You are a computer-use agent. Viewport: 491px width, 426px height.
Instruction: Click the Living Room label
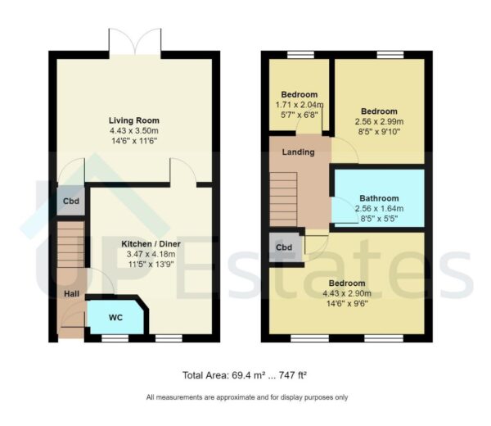133,118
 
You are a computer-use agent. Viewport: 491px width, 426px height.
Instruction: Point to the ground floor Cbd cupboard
70,202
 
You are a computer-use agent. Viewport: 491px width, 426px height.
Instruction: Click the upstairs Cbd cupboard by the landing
284,247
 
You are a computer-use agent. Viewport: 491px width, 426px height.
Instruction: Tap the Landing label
297,152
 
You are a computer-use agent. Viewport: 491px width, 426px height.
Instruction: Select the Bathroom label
379,198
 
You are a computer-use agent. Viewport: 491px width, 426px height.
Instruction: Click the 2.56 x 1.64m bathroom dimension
379,209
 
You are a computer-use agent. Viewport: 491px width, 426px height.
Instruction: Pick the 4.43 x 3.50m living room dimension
133,129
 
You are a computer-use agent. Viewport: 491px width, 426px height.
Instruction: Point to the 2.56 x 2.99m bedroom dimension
379,122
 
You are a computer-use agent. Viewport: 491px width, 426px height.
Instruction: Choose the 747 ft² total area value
291,375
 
